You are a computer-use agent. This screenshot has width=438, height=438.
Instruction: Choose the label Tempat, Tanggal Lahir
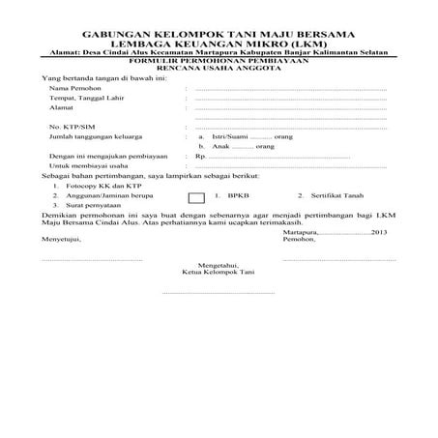(84, 99)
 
